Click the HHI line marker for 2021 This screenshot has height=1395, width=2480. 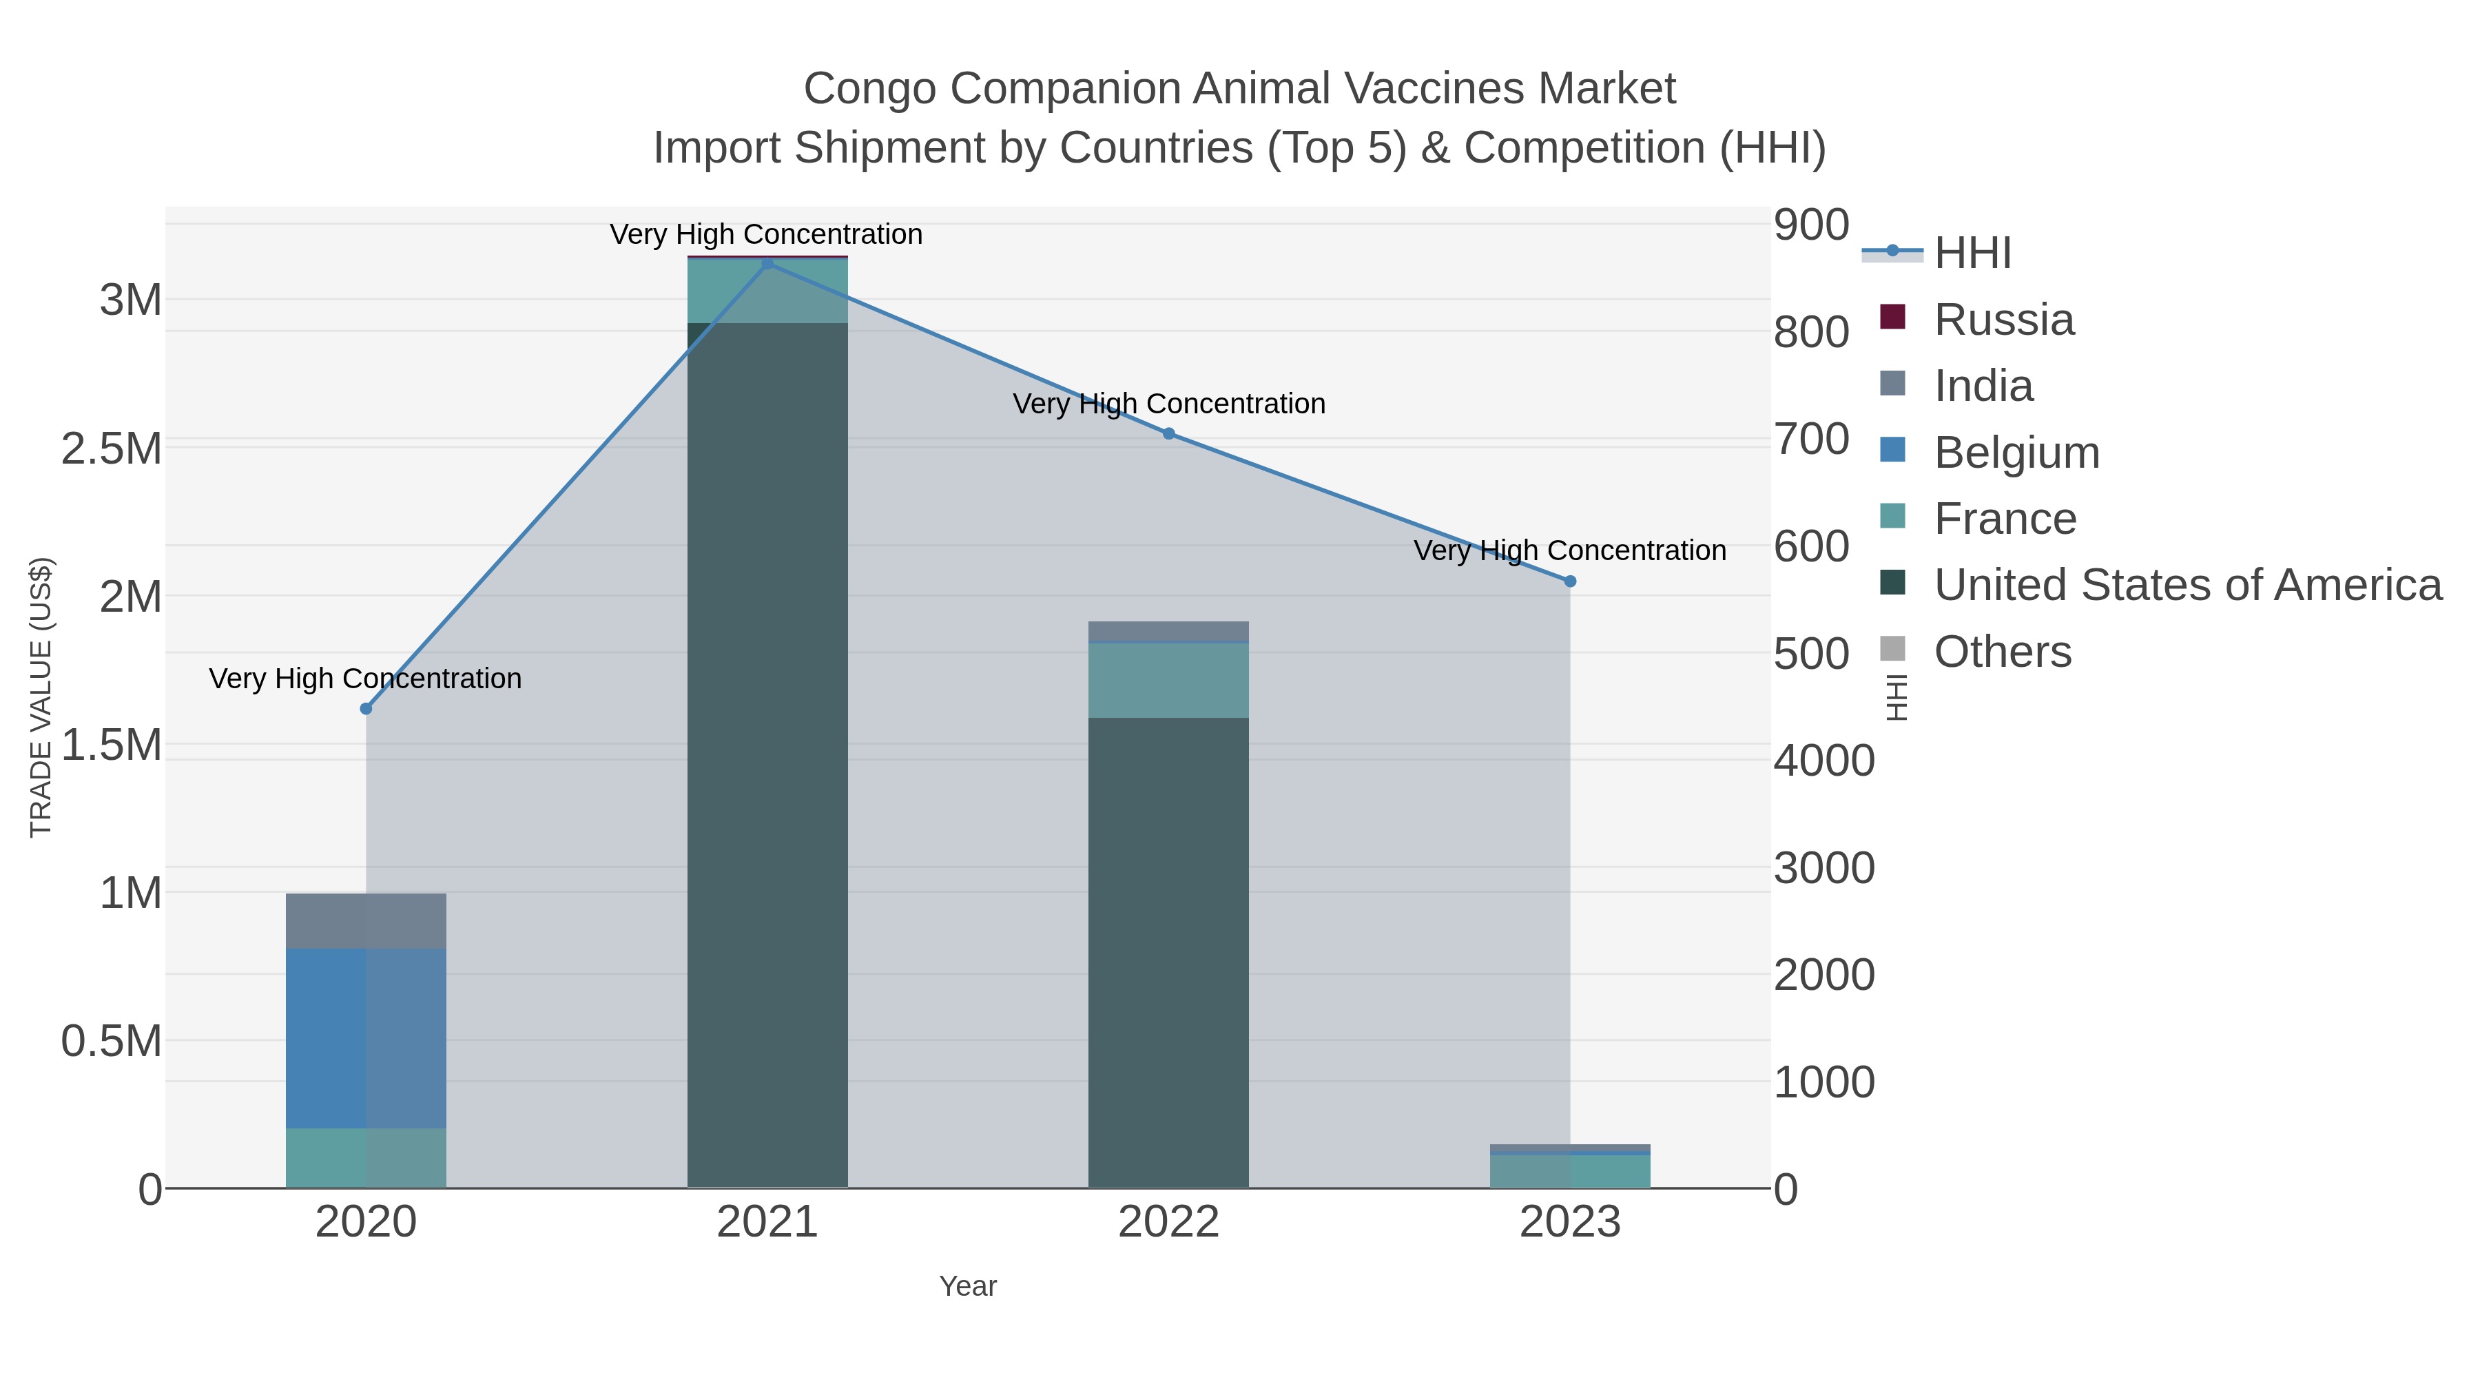(767, 264)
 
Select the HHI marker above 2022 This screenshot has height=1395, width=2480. (1169, 433)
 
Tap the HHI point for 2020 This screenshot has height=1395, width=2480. (366, 709)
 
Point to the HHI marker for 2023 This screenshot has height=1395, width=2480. (1570, 581)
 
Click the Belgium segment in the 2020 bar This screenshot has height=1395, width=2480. (366, 1038)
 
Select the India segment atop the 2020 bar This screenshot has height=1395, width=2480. (366, 920)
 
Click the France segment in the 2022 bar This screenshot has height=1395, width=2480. (1169, 680)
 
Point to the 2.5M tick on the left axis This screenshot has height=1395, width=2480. (111, 448)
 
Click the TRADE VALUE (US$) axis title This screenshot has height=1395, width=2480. (41, 697)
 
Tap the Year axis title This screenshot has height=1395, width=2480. (968, 1286)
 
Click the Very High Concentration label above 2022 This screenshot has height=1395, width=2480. (1169, 404)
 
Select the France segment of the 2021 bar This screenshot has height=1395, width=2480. (767, 291)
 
